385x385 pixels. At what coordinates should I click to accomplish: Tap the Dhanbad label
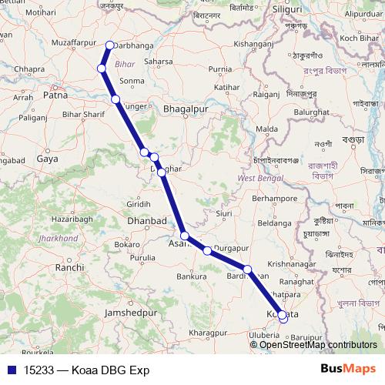point(147,221)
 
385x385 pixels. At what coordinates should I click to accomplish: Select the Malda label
point(266,129)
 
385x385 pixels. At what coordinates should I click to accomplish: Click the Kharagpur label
point(187,330)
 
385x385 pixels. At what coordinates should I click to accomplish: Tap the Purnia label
point(219,69)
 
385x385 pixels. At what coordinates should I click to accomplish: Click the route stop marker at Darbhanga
point(109,45)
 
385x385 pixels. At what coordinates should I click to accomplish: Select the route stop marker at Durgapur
point(207,250)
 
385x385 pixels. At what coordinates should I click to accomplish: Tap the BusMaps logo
point(346,370)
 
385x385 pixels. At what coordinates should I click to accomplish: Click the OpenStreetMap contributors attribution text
point(319,344)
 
